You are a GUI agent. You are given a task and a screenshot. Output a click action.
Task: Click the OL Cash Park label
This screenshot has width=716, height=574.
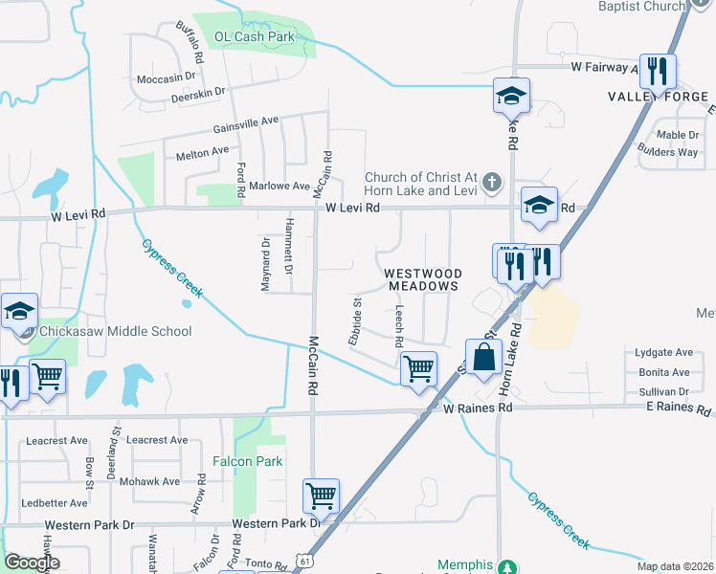[254, 37]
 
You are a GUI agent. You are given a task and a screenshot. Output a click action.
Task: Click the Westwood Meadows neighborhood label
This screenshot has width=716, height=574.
[421, 279]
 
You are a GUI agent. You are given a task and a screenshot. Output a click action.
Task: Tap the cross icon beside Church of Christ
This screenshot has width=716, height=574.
[491, 182]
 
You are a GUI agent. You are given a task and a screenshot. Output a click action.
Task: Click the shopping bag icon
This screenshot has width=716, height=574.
[484, 357]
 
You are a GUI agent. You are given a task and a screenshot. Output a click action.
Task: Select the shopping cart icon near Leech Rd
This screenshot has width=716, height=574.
[418, 367]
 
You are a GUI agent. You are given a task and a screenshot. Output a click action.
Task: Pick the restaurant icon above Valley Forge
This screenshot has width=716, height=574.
[658, 70]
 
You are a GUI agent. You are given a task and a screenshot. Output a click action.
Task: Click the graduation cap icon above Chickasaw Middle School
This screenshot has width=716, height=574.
[19, 311]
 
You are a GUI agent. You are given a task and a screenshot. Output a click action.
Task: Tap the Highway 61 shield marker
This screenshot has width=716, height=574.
[302, 559]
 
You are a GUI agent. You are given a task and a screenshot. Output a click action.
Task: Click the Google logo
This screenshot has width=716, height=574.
[32, 563]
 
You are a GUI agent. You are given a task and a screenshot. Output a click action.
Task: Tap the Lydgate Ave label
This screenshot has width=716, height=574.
[663, 353]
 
